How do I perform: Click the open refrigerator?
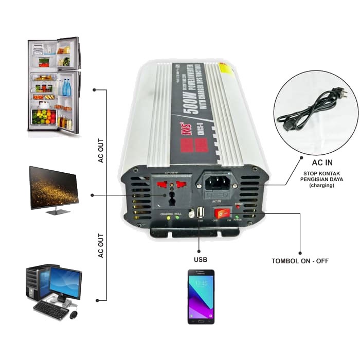pyautogui.click(x=53, y=85)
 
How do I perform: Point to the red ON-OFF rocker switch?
pyautogui.click(x=221, y=212)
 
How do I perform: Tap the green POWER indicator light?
pyautogui.click(x=237, y=218)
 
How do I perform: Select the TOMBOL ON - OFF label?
pyautogui.click(x=300, y=261)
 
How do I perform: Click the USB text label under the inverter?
pyautogui.click(x=201, y=259)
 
